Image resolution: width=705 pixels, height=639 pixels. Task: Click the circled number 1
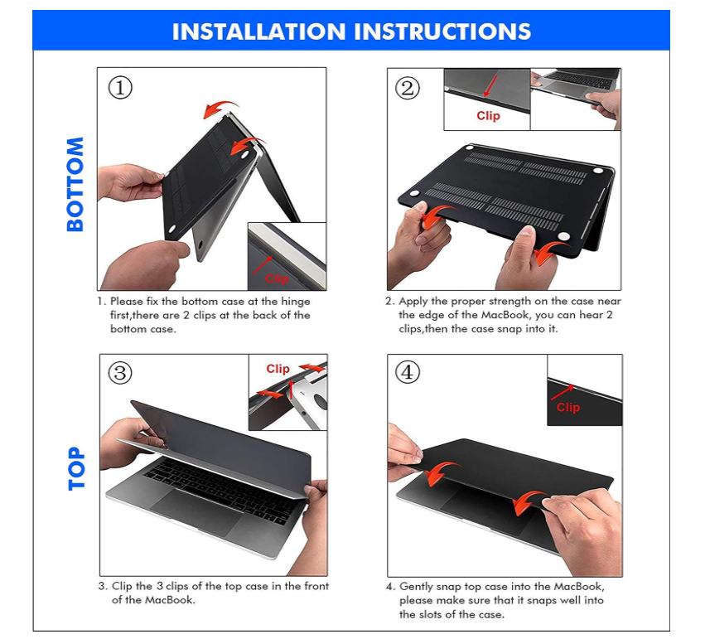pos(120,87)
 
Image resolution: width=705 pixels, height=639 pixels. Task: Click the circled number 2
pos(408,88)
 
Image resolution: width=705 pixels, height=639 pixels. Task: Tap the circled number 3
pos(120,373)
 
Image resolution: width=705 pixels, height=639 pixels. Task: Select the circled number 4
pos(408,372)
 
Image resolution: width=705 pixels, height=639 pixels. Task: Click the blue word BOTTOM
pos(75,184)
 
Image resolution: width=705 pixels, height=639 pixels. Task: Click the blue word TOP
pos(76,468)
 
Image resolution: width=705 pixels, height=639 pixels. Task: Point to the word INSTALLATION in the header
pos(259,31)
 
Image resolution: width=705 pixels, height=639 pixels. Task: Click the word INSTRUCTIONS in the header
pos(442,31)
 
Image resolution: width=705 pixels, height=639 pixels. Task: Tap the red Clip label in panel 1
pos(277,278)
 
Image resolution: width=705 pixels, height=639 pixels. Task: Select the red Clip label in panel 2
pos(488,116)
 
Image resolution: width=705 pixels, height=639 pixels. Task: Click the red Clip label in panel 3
pos(278,369)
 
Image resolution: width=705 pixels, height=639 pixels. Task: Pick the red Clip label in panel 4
pos(568,408)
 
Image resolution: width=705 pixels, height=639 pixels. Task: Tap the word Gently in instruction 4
pos(416,587)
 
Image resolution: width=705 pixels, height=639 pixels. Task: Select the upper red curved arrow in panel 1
pos(220,109)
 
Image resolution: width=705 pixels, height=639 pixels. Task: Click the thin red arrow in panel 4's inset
pos(563,393)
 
